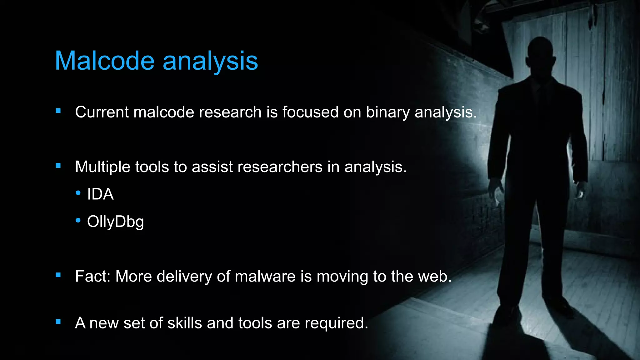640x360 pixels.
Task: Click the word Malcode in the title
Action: [x=105, y=61]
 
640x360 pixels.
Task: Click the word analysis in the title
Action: [x=210, y=61]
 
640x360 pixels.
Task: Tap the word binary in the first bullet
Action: [x=387, y=112]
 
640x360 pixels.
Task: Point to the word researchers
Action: [x=280, y=167]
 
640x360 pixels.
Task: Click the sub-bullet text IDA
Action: [x=100, y=194]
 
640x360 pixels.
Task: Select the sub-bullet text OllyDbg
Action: [x=115, y=222]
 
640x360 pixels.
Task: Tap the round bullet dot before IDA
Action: [x=78, y=193]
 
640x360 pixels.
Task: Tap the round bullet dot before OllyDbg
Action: [x=78, y=220]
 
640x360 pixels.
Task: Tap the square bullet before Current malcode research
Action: [x=58, y=111]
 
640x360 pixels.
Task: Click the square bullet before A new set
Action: [x=58, y=321]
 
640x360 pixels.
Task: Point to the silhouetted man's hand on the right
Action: [x=580, y=191]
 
